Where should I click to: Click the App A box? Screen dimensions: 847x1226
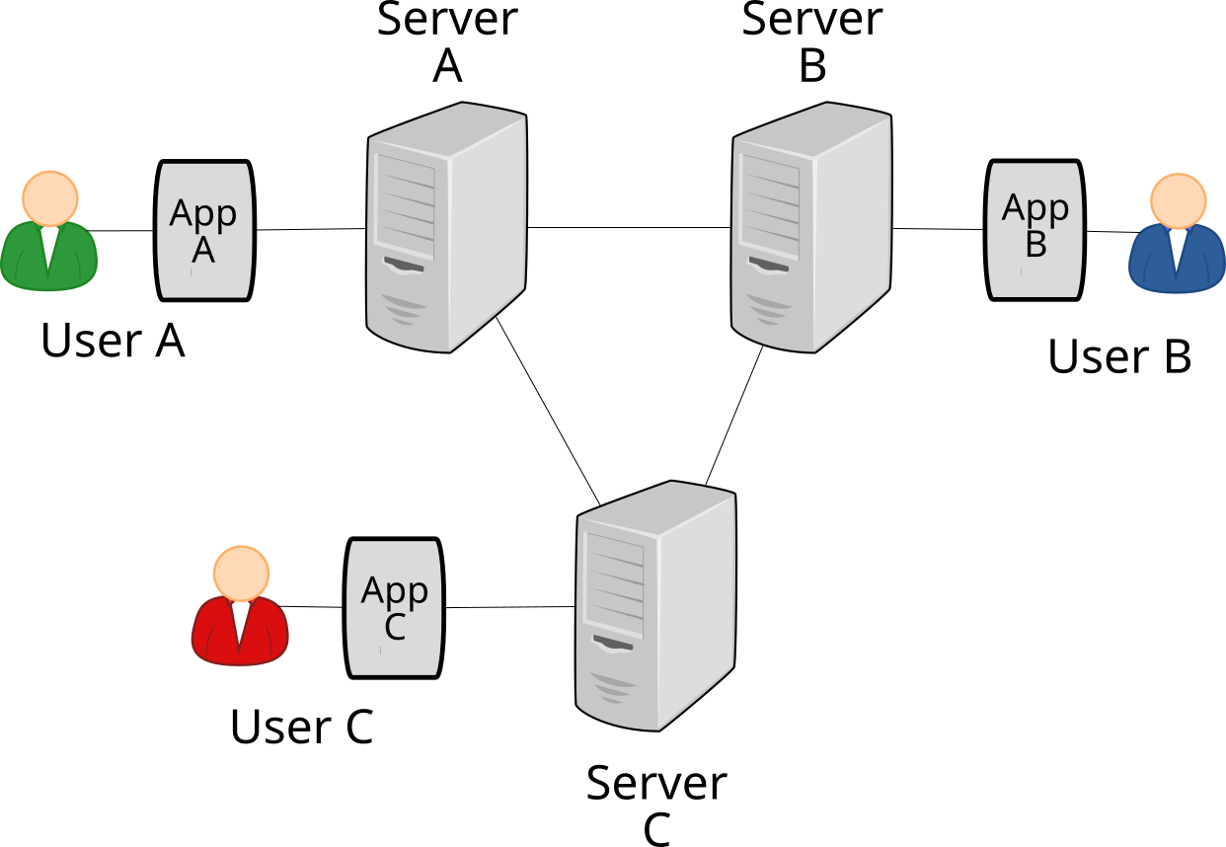[204, 230]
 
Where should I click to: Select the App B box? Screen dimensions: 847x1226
[1034, 230]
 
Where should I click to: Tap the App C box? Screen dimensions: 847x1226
[394, 608]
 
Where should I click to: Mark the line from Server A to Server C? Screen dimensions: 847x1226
[549, 410]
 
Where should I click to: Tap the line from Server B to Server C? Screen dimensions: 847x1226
[733, 416]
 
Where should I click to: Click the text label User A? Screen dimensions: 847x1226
[113, 341]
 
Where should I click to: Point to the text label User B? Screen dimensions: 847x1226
[1119, 357]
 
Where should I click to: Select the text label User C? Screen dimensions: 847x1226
[301, 728]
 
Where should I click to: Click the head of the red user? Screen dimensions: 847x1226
[240, 573]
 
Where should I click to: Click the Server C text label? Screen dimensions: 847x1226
[656, 806]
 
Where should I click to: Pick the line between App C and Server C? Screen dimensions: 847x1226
[508, 607]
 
